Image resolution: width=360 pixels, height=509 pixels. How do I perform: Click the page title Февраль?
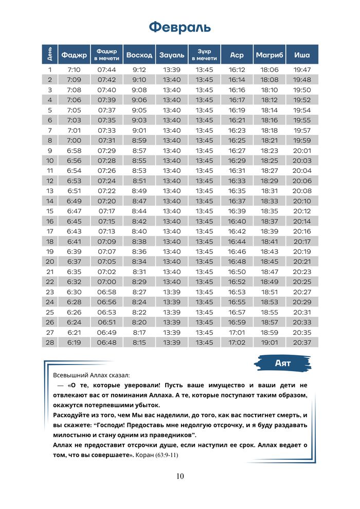coord(179,27)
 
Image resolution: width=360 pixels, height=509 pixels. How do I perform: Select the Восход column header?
coord(139,54)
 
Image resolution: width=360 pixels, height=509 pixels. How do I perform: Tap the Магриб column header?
coord(269,54)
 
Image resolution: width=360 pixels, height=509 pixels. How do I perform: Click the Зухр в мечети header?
coord(204,54)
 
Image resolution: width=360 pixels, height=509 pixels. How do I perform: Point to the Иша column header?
coord(302,54)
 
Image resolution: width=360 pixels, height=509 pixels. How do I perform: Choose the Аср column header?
coord(237,54)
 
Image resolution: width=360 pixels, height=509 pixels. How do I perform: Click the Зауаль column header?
coord(172,54)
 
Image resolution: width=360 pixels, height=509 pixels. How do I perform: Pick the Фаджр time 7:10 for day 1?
coord(74,70)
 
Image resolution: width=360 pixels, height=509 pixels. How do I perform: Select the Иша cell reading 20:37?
coord(302,342)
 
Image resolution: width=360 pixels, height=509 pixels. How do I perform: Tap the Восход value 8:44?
coord(139,211)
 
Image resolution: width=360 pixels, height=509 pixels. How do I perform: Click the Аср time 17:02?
coord(237,342)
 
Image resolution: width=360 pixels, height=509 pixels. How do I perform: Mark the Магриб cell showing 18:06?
coord(269,70)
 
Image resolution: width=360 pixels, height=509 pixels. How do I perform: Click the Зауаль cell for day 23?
coord(172,292)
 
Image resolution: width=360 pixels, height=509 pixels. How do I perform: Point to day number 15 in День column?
coord(50,211)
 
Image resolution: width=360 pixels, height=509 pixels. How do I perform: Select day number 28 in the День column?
coord(50,342)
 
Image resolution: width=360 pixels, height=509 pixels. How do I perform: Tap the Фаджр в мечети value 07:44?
coord(106,70)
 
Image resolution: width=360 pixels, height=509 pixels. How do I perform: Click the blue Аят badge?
coord(283,363)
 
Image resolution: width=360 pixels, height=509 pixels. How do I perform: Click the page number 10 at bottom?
coord(179,476)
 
